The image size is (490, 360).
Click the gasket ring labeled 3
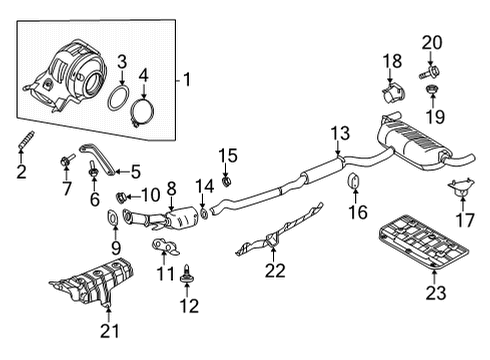pyautogui.click(x=118, y=102)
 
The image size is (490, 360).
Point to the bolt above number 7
pyautogui.click(x=68, y=158)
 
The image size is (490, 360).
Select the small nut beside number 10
pyautogui.click(x=123, y=195)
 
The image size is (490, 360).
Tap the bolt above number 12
pyautogui.click(x=188, y=268)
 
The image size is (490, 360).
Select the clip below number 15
pyautogui.click(x=227, y=182)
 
